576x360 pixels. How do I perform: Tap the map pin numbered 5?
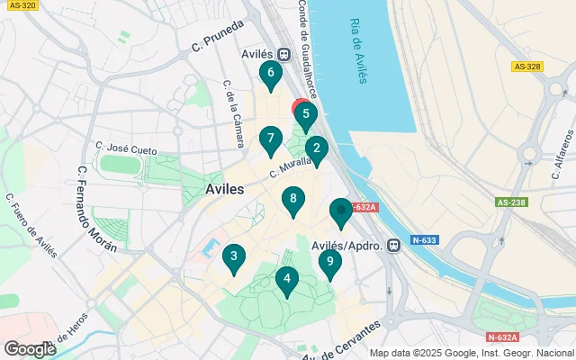pyautogui.click(x=306, y=115)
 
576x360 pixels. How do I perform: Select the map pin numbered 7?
pyautogui.click(x=269, y=139)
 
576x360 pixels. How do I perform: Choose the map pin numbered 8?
pyautogui.click(x=292, y=200)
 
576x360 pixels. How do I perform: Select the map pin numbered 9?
pyautogui.click(x=329, y=263)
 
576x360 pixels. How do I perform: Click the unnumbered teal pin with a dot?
pyautogui.click(x=340, y=212)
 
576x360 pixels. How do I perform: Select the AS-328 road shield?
pyautogui.click(x=526, y=67)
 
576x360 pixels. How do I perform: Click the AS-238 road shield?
pyautogui.click(x=508, y=203)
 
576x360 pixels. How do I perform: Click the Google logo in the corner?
pyautogui.click(x=30, y=348)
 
